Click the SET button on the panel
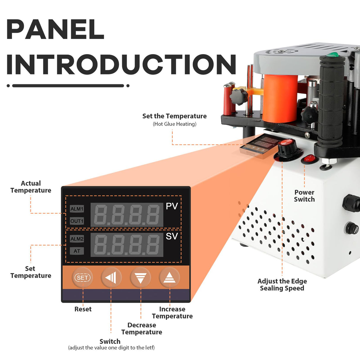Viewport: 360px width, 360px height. coord(82,278)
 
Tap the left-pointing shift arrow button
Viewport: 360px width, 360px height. coord(111,278)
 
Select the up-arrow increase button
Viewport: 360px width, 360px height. coord(169,278)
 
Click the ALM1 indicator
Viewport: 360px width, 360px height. coord(77,209)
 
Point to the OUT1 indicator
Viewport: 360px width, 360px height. coord(77,221)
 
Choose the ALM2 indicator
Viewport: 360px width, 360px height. coord(77,239)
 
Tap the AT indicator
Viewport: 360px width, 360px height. coord(77,251)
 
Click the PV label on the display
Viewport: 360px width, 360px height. coord(172,206)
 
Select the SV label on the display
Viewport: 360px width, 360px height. coord(172,236)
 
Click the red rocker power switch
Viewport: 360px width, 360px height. coord(310,159)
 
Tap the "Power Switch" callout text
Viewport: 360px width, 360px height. coord(304,196)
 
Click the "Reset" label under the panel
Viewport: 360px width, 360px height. coord(83,309)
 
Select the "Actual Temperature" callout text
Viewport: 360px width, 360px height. coord(31,187)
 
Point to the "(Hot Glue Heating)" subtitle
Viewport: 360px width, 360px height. coord(174,124)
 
